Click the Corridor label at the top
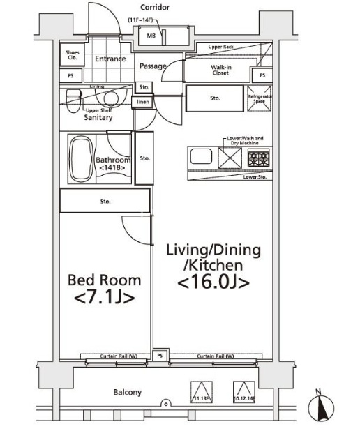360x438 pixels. point(154,7)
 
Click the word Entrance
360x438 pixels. point(110,59)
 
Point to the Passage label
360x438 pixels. point(152,66)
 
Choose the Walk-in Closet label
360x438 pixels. point(221,69)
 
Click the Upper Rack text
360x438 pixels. point(220,47)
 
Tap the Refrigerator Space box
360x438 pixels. point(260,98)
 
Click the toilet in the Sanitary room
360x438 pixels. point(73,96)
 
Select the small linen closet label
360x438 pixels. point(143,103)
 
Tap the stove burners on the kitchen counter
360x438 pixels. point(259,158)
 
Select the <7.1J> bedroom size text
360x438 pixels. point(103,297)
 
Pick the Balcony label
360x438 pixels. point(127,392)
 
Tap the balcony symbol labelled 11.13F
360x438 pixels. point(200,391)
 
